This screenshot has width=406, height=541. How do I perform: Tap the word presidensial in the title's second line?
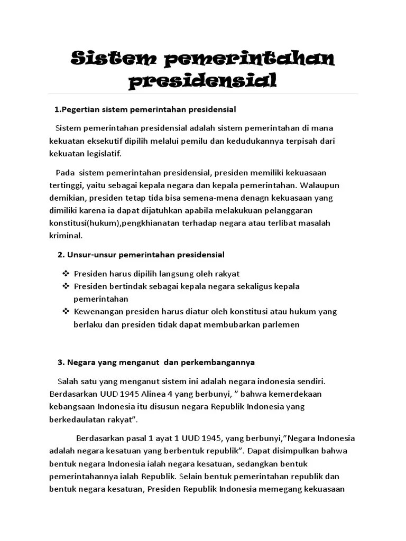(x=202, y=81)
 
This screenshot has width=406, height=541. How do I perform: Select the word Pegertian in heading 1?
(x=80, y=109)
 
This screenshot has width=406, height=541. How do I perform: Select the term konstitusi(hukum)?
(x=86, y=223)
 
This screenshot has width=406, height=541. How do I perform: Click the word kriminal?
(x=66, y=235)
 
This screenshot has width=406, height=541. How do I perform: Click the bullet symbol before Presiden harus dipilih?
(x=66, y=274)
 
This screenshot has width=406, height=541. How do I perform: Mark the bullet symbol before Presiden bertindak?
(x=66, y=286)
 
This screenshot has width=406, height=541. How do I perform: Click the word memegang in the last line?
(x=281, y=489)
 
